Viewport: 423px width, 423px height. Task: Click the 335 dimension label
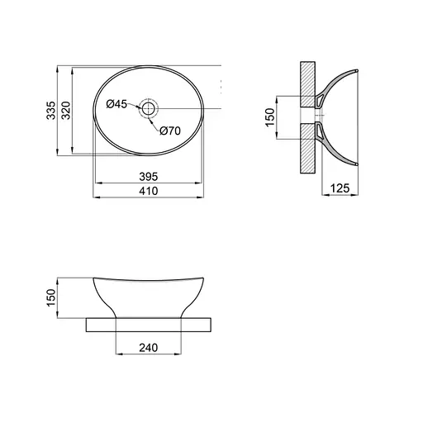pos(50,111)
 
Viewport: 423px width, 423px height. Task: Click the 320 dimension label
pos(66,111)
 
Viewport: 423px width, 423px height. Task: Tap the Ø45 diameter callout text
pos(116,104)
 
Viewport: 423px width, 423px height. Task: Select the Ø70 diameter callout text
pos(170,131)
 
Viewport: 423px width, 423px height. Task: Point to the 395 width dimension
pos(149,177)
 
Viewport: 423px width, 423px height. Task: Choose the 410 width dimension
pos(149,191)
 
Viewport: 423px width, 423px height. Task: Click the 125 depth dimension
pos(340,188)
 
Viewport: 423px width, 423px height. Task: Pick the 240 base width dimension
pos(149,348)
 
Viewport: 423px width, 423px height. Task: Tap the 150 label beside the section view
pos(270,117)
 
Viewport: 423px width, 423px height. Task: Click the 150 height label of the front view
pos(51,297)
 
